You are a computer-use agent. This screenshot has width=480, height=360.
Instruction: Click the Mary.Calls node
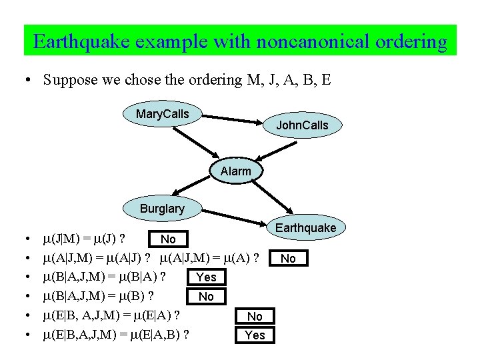point(162,114)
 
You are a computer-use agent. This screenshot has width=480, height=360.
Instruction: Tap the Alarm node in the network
point(235,171)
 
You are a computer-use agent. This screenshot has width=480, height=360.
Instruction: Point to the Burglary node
point(162,209)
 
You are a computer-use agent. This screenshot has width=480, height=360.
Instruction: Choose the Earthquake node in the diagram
point(305,228)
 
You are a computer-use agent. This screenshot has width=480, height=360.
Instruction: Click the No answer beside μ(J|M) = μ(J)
point(169,239)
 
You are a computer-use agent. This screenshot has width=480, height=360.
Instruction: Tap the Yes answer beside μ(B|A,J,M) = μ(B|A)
point(207,277)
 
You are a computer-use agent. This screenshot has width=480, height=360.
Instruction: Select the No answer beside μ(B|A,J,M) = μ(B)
point(207,296)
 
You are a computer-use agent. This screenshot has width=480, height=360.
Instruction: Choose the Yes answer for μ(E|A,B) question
point(255,335)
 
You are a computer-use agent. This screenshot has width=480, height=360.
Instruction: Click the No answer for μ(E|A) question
point(255,317)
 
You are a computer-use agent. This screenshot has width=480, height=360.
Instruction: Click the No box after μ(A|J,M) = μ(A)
point(288,258)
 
